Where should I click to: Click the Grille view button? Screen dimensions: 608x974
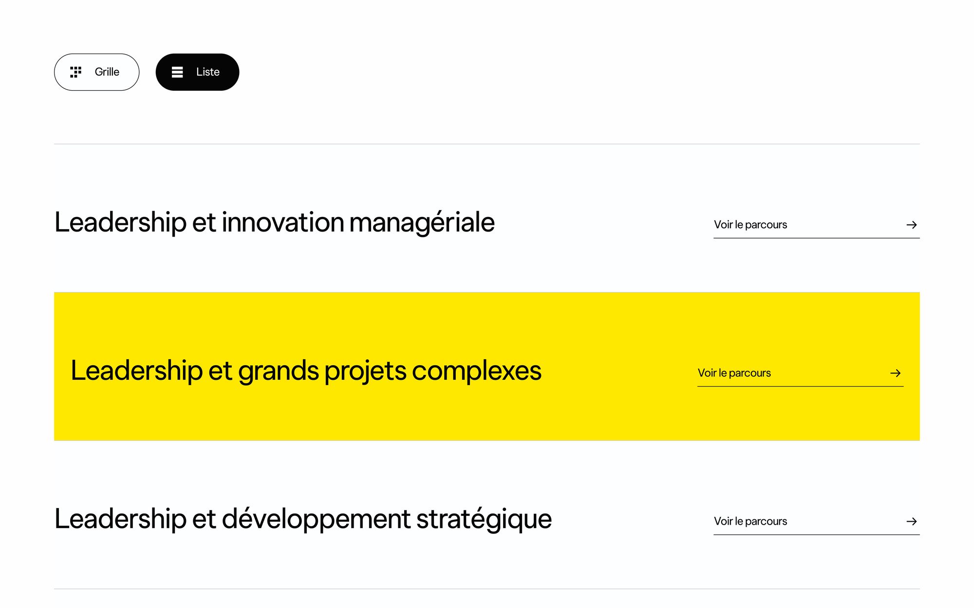tap(96, 72)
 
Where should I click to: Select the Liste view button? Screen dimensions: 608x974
tap(197, 72)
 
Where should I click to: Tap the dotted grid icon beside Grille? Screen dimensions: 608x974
tap(75, 72)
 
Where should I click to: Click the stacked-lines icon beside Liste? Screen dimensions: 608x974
tap(177, 72)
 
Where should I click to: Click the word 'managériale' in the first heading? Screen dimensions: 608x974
tap(422, 223)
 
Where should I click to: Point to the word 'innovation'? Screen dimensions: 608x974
tap(283, 223)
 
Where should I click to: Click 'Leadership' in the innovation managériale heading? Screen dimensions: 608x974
tap(120, 223)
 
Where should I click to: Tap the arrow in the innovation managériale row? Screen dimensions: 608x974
tap(911, 225)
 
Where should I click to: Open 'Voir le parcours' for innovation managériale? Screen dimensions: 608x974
tap(750, 225)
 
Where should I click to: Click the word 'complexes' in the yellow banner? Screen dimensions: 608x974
tap(476, 371)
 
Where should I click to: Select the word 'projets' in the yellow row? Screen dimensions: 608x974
tap(365, 371)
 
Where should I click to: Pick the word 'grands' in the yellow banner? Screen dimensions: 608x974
tap(278, 371)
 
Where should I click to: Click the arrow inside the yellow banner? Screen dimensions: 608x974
tap(895, 373)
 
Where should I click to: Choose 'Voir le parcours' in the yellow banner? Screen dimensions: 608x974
tap(734, 373)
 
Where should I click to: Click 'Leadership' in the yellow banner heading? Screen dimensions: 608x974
tap(136, 371)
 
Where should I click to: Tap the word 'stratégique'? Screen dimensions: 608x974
tap(484, 519)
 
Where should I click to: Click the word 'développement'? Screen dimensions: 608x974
tap(316, 519)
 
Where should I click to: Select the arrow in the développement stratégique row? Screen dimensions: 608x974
tap(911, 521)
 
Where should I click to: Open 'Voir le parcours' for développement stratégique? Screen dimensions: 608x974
tap(750, 521)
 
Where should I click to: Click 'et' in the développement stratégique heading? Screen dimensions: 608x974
tap(204, 519)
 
